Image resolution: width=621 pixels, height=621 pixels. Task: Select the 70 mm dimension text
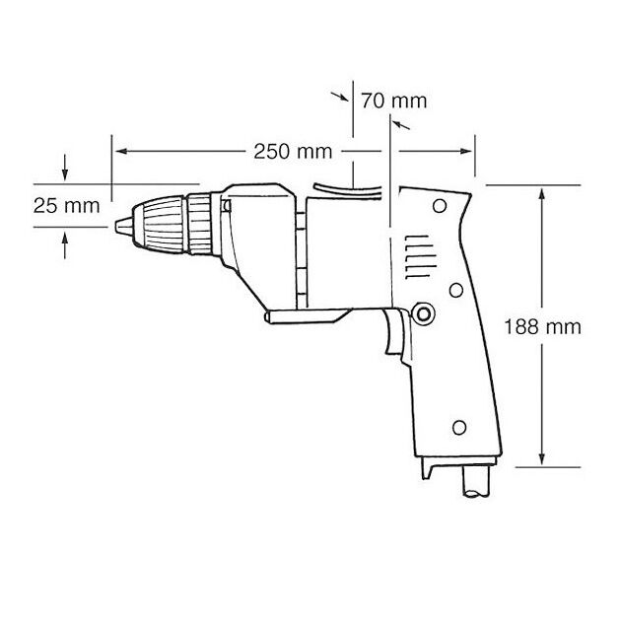(x=394, y=100)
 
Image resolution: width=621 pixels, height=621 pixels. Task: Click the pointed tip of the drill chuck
(x=116, y=223)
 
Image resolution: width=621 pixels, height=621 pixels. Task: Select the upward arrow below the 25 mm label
(x=65, y=237)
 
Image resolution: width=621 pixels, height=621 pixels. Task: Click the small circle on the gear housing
(x=228, y=207)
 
